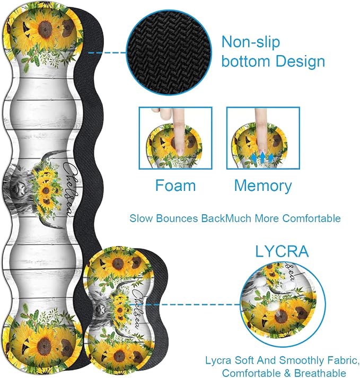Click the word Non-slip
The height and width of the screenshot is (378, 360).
(x=251, y=42)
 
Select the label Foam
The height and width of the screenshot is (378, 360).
(x=175, y=186)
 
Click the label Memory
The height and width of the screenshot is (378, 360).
(x=263, y=186)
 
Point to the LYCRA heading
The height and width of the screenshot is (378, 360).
(x=282, y=251)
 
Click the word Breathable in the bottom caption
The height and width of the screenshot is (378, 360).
(x=320, y=373)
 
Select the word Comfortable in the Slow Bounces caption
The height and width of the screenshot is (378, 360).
(x=311, y=218)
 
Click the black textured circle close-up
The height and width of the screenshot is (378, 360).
(x=169, y=53)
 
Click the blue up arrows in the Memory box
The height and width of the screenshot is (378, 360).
(x=262, y=157)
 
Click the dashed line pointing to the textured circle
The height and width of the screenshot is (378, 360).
(x=108, y=52)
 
